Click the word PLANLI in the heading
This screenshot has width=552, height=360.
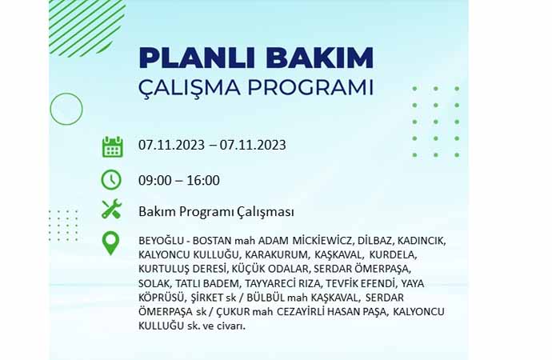point(197,58)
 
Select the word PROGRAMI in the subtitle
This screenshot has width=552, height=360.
point(310,88)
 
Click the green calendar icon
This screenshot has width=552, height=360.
point(112,146)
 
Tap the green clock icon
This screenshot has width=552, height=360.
point(111,180)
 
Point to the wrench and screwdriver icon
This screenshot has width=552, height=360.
point(111,209)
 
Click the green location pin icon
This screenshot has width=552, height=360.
point(110,243)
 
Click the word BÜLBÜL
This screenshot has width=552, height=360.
point(266,298)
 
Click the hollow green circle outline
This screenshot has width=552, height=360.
point(66,93)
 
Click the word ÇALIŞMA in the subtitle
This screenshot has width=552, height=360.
point(190,88)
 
